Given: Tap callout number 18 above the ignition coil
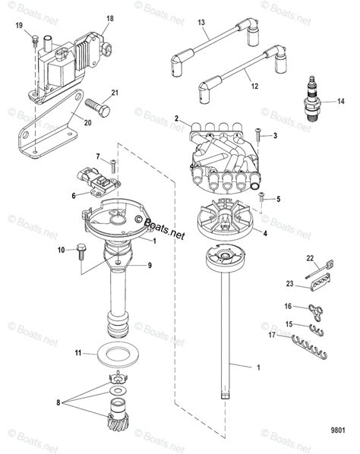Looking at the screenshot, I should pyautogui.click(x=111, y=17).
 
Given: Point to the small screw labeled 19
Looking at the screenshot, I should pyautogui.click(x=35, y=44).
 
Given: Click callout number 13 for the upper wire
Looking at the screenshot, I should pyautogui.click(x=203, y=23).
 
